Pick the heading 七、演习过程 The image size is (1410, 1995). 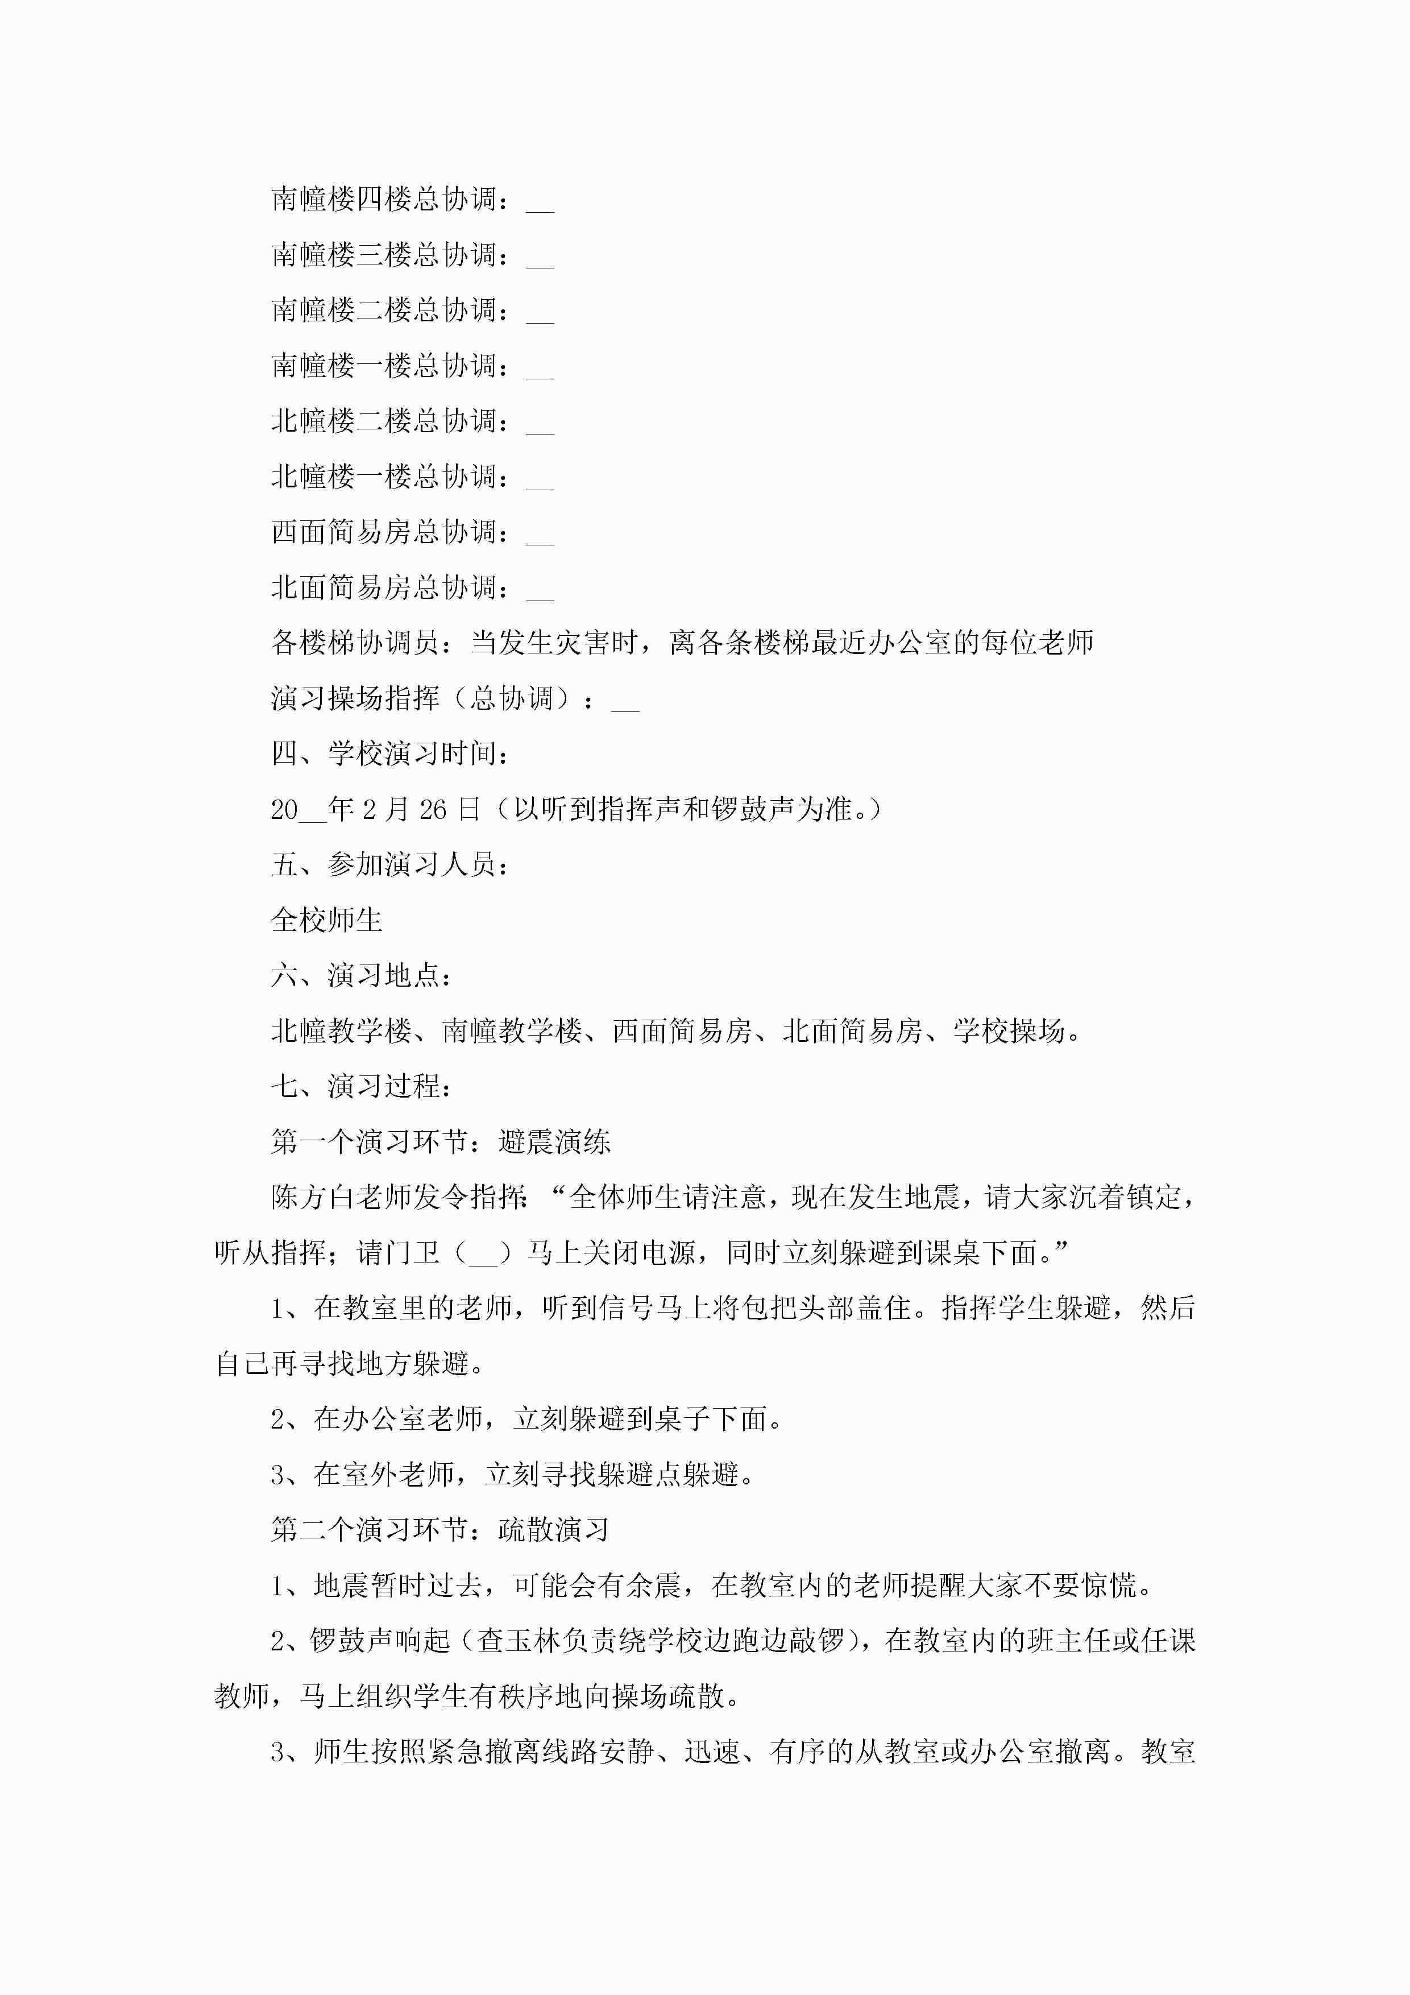[x=362, y=1086]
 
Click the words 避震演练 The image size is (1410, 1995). [x=554, y=1142]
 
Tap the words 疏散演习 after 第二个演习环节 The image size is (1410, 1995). [x=554, y=1530]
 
